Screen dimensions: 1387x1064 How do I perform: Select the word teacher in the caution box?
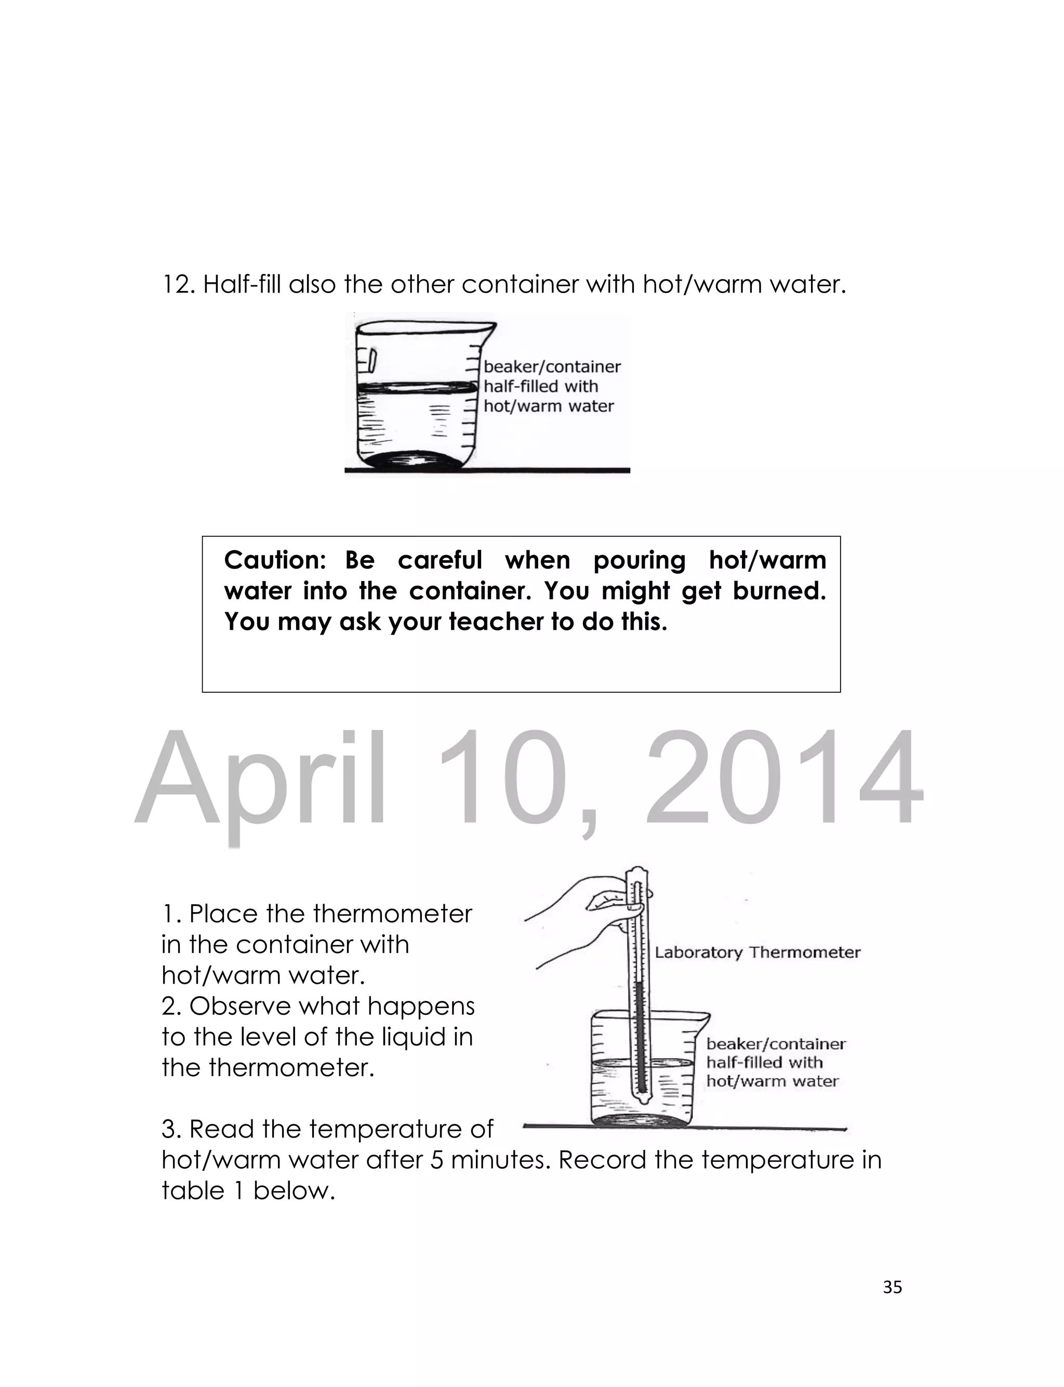coord(496,622)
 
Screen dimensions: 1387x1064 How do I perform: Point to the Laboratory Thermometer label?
coord(757,953)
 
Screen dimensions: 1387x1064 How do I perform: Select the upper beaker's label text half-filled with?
coord(540,386)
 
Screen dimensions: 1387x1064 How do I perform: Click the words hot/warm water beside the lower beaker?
coord(772,1080)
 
